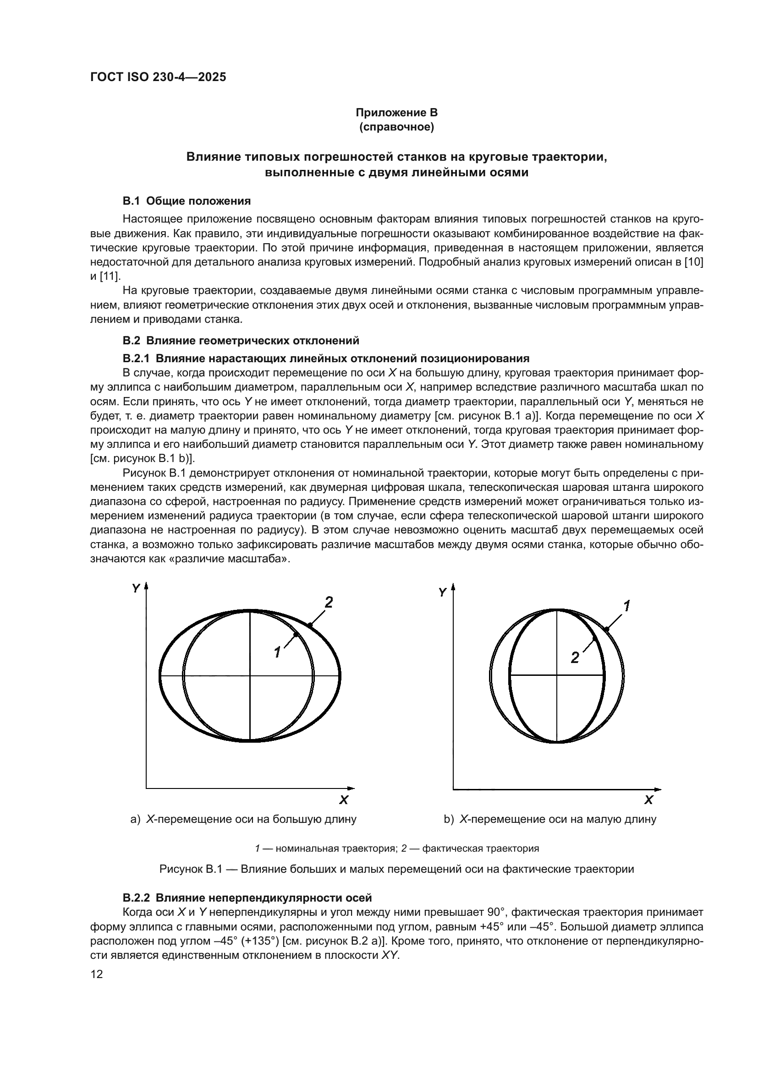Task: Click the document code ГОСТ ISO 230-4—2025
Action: pyautogui.click(x=158, y=77)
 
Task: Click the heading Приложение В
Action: pyautogui.click(x=396, y=113)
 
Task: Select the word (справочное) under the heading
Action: pyautogui.click(x=396, y=127)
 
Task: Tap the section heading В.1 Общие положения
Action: pyautogui.click(x=187, y=201)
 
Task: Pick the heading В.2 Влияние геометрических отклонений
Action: pyautogui.click(x=241, y=341)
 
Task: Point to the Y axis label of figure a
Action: pyautogui.click(x=136, y=589)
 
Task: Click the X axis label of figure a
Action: pyautogui.click(x=344, y=800)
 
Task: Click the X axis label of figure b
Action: pyautogui.click(x=649, y=800)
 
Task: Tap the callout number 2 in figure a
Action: pyautogui.click(x=329, y=603)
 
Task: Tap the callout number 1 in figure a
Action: pyautogui.click(x=277, y=652)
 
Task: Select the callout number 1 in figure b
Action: pyautogui.click(x=627, y=606)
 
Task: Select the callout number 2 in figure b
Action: pyautogui.click(x=575, y=658)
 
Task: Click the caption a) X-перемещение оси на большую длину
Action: pyautogui.click(x=243, y=819)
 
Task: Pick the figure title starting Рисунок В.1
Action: pyautogui.click(x=396, y=869)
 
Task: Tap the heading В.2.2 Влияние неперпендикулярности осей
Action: pyautogui.click(x=247, y=898)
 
